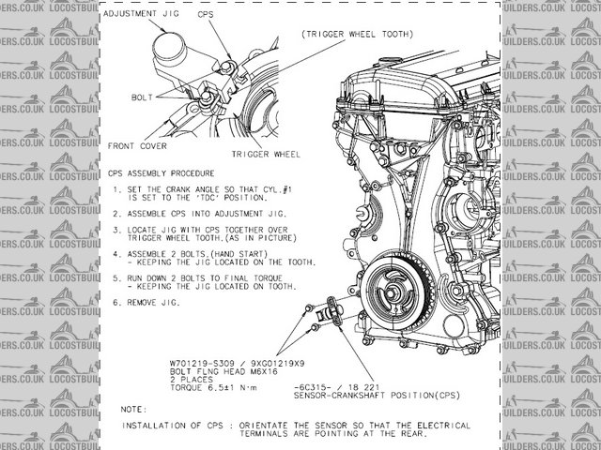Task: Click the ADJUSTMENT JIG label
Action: pos(141,16)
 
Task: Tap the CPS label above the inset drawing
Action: pos(206,16)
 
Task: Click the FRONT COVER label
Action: pos(137,145)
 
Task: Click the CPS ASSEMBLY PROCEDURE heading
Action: pos(161,173)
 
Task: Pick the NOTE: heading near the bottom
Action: pos(134,410)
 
